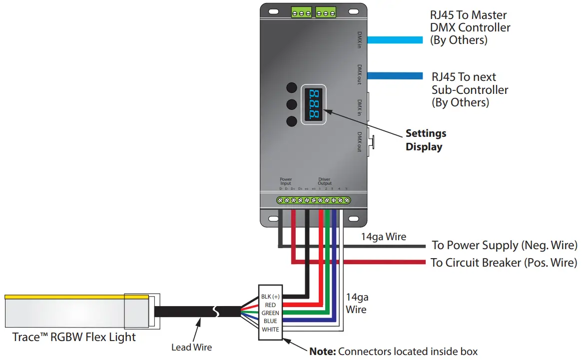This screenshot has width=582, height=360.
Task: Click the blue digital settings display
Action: coord(313,104)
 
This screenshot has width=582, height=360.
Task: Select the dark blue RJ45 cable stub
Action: coord(395,76)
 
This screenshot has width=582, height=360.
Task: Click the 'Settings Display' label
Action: coord(426,140)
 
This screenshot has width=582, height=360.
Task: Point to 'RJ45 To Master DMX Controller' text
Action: coord(470,28)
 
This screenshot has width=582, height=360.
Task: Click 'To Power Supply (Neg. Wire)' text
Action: coord(504,245)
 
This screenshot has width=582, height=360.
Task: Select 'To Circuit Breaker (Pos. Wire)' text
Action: coord(504,263)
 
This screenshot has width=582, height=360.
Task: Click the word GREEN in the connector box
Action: coord(270,313)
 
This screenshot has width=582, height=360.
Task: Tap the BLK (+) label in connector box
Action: coord(270,297)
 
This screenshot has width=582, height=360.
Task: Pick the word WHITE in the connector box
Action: coord(270,330)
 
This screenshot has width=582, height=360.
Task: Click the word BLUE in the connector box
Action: coord(270,321)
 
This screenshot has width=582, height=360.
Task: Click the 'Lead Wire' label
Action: coord(191,347)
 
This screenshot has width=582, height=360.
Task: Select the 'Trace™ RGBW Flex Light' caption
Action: coord(74,338)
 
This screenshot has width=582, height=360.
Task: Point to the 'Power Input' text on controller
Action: coord(286,181)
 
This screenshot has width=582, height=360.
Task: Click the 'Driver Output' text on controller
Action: coord(324,181)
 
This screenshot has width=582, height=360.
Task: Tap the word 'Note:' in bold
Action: coord(322,352)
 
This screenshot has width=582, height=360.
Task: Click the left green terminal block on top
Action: coord(302,11)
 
